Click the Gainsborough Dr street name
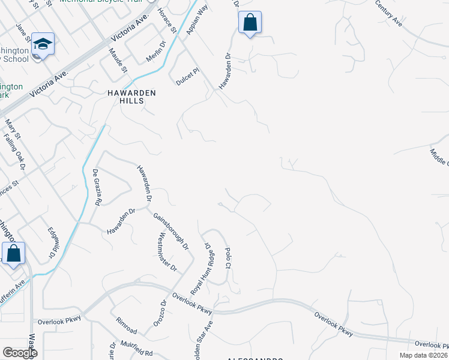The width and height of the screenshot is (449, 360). coord(170,231)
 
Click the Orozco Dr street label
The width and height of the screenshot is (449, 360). coord(163,311)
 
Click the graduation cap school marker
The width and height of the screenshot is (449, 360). coord(43,43)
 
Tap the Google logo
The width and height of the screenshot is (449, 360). coord(19,353)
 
